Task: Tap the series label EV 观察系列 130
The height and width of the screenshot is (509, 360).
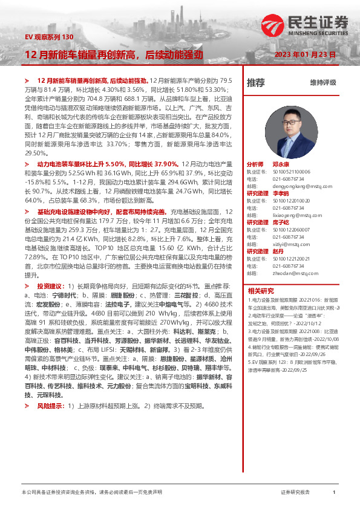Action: click(48, 37)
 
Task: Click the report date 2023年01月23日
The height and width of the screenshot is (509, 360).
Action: click(304, 54)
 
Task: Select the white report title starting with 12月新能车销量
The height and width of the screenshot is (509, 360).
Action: click(113, 54)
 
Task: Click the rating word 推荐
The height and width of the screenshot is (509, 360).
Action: click(256, 82)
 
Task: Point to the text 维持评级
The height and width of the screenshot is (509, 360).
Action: click(322, 82)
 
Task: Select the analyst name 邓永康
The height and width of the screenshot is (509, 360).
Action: click(280, 164)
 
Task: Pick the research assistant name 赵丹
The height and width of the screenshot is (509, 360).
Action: click(278, 251)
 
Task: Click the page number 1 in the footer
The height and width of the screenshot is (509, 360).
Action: click(334, 493)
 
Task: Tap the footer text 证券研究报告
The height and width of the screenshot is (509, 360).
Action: click(295, 493)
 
